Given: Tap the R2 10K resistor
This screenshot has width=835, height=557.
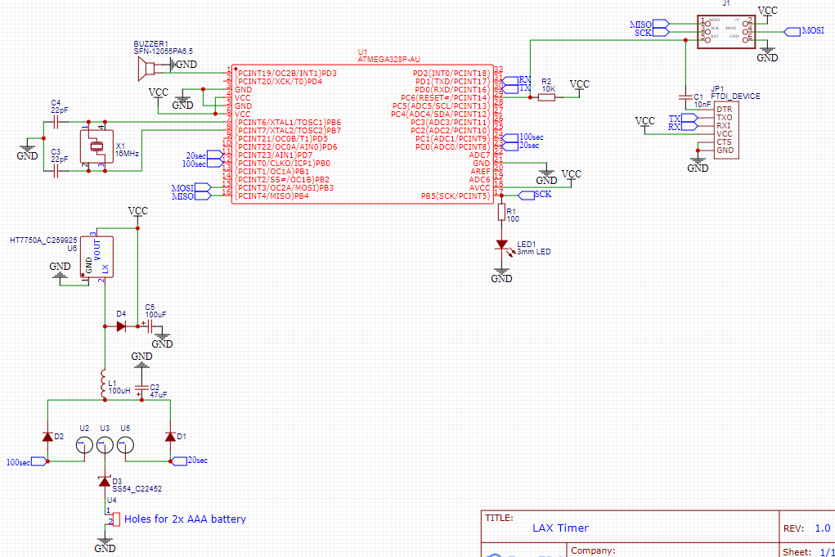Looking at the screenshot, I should (x=546, y=97).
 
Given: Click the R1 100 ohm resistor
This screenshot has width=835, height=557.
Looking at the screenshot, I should (x=501, y=213).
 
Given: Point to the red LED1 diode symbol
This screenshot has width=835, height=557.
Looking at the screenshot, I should (x=501, y=245).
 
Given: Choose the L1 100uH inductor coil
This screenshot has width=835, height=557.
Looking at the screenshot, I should (x=103, y=384).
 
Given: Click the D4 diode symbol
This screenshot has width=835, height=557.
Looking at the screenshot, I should (x=121, y=326).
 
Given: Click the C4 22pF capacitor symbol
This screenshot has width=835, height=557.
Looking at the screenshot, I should (x=56, y=122).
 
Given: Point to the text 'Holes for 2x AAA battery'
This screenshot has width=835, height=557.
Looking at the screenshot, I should (x=185, y=519).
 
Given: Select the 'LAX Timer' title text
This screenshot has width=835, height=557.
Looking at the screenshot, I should (x=560, y=528).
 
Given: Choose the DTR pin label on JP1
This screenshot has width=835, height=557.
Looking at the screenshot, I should (x=724, y=109).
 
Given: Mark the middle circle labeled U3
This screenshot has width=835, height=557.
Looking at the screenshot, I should (x=105, y=446).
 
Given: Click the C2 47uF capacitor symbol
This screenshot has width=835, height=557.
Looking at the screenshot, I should (x=141, y=385).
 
